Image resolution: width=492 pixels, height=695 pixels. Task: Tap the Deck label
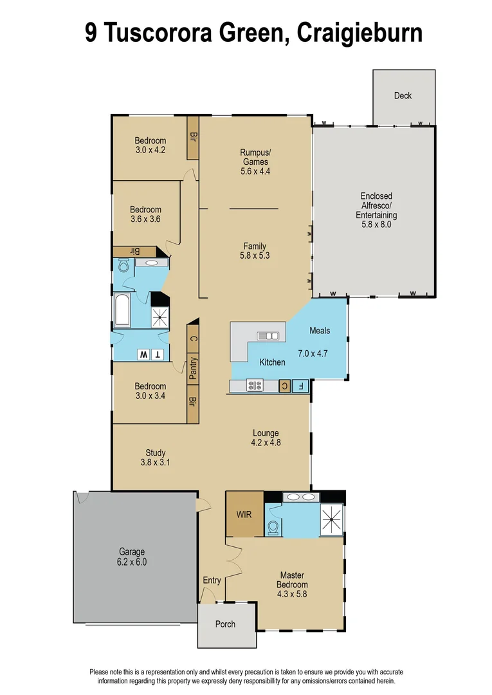click(403, 96)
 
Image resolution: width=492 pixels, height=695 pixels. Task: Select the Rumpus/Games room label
click(255, 157)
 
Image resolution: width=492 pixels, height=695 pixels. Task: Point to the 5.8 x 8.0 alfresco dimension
click(376, 225)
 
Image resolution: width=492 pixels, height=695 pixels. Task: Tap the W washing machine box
click(143, 355)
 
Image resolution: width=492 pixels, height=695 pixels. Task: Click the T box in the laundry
click(158, 355)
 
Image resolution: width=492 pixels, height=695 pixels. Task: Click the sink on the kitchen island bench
click(268, 335)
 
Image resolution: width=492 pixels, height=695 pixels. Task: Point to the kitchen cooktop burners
click(254, 386)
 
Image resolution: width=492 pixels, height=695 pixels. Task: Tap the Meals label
click(320, 331)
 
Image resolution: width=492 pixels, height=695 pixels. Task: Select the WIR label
click(244, 515)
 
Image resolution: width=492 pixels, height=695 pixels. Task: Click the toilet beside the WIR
click(273, 527)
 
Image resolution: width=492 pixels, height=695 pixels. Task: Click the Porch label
click(225, 624)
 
